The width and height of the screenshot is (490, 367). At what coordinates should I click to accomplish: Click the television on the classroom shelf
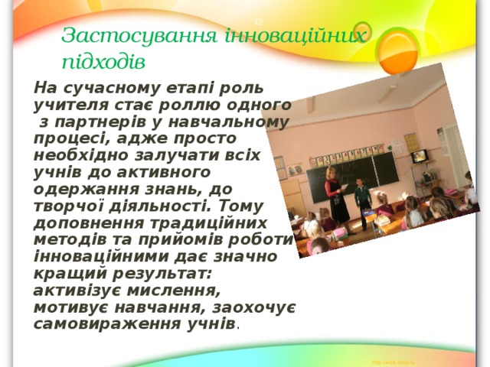(420, 157)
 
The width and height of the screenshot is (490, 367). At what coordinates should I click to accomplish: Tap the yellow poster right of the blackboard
(411, 142)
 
